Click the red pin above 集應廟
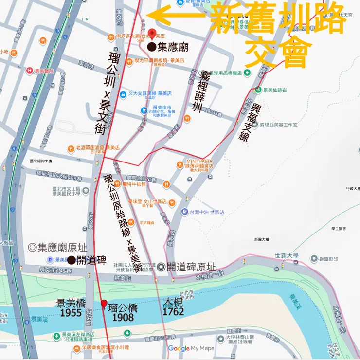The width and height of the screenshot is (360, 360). [152, 34]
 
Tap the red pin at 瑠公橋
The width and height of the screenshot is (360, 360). [104, 304]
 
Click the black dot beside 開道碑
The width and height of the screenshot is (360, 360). [71, 260]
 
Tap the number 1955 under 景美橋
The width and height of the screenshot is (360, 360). [71, 313]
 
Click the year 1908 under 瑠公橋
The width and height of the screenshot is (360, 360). [123, 317]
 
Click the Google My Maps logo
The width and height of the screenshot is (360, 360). [191, 348]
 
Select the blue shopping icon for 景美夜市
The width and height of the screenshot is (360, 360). [144, 111]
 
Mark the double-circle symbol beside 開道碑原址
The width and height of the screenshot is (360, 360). [161, 266]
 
